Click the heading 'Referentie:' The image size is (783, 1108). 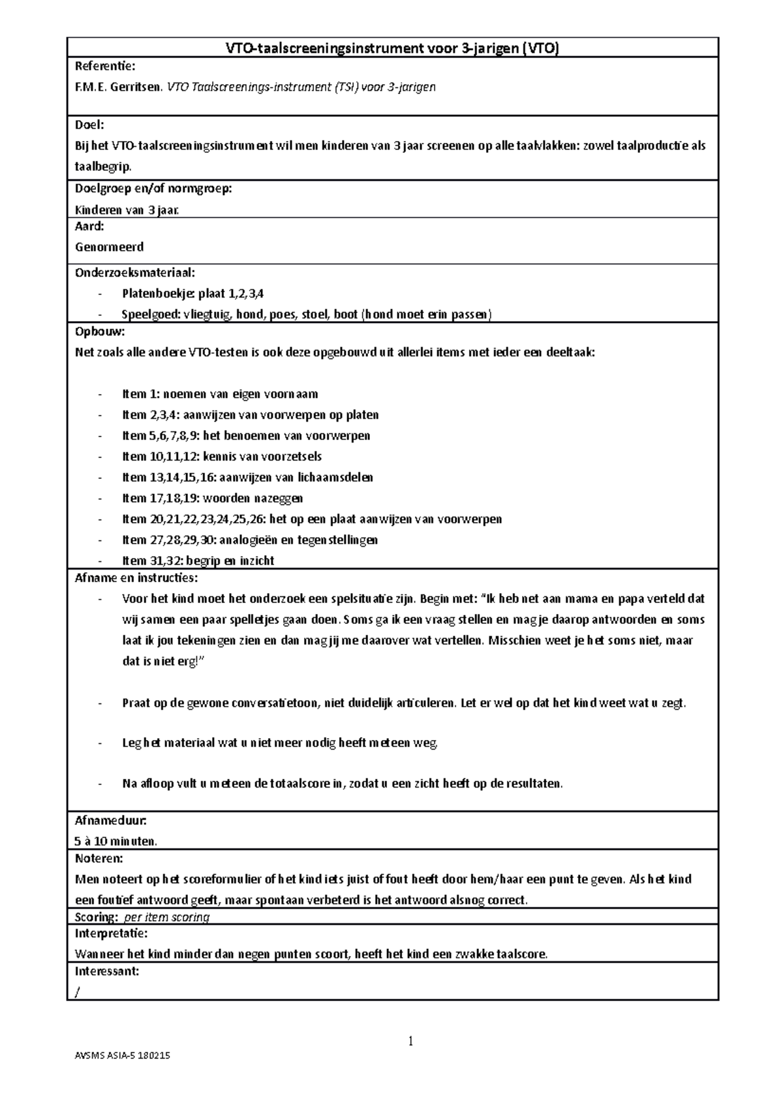point(105,67)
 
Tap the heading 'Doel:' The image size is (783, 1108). point(89,125)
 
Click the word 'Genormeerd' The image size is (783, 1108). point(109,247)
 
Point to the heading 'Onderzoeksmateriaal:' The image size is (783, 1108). point(134,272)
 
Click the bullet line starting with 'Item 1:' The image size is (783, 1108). point(220,394)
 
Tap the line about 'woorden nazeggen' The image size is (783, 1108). point(212,499)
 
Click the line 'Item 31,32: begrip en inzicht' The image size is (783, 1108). point(198,561)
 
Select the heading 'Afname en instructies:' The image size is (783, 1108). point(136,577)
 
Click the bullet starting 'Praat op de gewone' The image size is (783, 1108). point(403,703)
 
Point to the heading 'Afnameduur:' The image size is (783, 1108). point(110,820)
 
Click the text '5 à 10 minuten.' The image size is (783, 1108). point(115,841)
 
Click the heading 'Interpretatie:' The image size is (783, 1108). point(111,934)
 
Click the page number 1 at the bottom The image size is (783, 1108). point(411,1041)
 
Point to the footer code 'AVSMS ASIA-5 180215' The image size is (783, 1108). point(123,1074)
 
